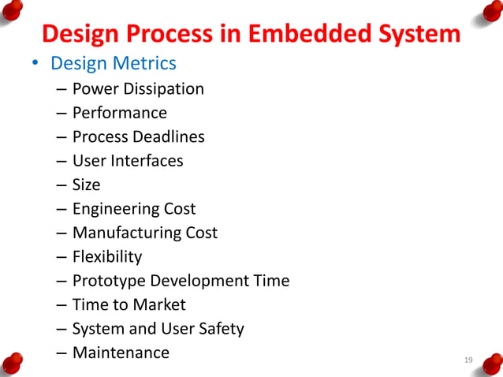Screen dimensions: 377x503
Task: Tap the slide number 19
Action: tap(468, 360)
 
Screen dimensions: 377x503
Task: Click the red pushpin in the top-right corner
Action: tap(490, 12)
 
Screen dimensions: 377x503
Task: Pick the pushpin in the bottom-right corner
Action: tap(490, 364)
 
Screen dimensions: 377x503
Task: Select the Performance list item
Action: tap(119, 113)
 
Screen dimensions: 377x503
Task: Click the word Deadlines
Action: tap(168, 136)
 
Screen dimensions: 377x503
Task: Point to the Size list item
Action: tap(86, 185)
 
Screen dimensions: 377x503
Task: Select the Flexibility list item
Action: tap(107, 256)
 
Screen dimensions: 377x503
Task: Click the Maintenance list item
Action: tap(121, 353)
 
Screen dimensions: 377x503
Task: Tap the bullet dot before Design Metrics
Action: tap(35, 64)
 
